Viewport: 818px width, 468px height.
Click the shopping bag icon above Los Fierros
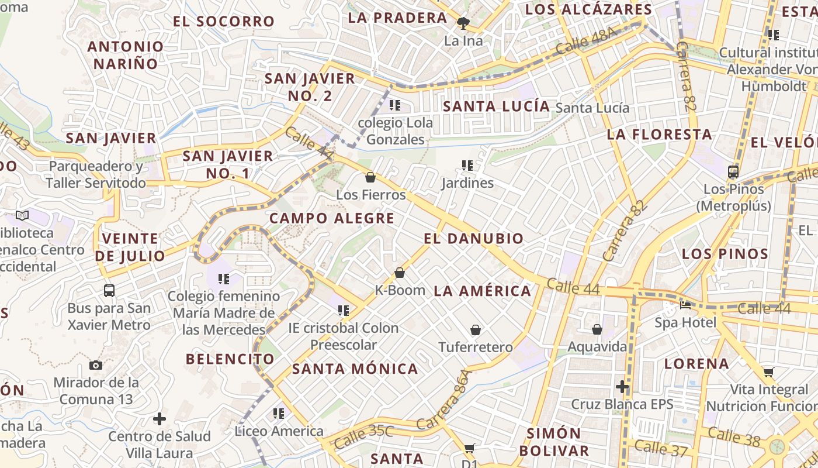click(x=370, y=177)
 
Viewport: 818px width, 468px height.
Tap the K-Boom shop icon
click(x=400, y=273)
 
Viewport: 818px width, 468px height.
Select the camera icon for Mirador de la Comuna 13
click(x=96, y=365)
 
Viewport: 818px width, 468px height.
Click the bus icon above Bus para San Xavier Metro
click(x=109, y=290)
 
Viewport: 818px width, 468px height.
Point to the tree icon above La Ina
click(x=463, y=23)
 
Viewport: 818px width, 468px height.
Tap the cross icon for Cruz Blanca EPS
click(x=622, y=387)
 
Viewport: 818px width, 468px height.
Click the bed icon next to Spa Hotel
click(x=685, y=305)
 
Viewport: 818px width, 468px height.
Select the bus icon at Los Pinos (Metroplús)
click(x=733, y=172)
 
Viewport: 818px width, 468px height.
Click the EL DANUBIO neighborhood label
click(x=473, y=239)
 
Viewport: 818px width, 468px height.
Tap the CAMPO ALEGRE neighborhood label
click(x=332, y=219)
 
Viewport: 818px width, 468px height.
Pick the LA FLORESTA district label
click(x=659, y=135)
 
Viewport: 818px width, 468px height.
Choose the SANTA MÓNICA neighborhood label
click(x=355, y=369)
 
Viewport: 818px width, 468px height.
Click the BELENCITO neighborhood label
click(x=230, y=359)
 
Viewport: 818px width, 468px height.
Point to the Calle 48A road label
click(x=586, y=40)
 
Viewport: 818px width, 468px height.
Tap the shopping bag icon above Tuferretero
click(x=476, y=330)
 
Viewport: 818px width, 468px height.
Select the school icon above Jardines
click(x=467, y=166)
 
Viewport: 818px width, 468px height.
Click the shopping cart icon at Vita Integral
click(x=769, y=372)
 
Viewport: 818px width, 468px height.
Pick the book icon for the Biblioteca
click(x=22, y=215)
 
